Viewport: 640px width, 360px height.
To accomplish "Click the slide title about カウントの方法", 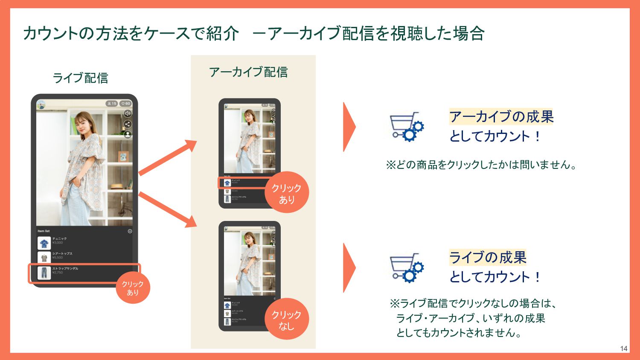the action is [x=253, y=33].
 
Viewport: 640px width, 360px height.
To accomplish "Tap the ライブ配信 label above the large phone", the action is [x=80, y=78].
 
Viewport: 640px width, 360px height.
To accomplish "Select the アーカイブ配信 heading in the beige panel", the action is [x=248, y=72].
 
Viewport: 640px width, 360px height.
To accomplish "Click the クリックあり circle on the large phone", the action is [x=133, y=288].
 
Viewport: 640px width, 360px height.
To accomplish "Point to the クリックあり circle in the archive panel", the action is [x=286, y=193].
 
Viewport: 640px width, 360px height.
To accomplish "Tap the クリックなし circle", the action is [x=286, y=319].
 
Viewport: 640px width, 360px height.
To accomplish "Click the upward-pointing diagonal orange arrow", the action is [x=168, y=158].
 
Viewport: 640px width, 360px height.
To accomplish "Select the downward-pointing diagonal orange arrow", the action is [x=168, y=209].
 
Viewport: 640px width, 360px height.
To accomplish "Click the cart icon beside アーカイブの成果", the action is [x=406, y=126].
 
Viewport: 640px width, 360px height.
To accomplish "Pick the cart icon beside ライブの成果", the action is [x=406, y=267].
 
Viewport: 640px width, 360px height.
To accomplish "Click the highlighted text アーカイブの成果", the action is [x=501, y=116].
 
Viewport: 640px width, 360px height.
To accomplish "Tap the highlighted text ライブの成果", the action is [x=488, y=257].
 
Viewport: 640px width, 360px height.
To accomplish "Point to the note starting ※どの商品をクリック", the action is [x=481, y=165].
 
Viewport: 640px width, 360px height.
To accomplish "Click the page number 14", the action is [x=624, y=348].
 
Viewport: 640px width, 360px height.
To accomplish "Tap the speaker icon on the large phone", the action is [x=128, y=113].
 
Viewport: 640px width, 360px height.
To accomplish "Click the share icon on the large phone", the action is [x=128, y=124].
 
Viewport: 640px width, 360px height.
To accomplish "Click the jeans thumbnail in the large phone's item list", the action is [x=44, y=273].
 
